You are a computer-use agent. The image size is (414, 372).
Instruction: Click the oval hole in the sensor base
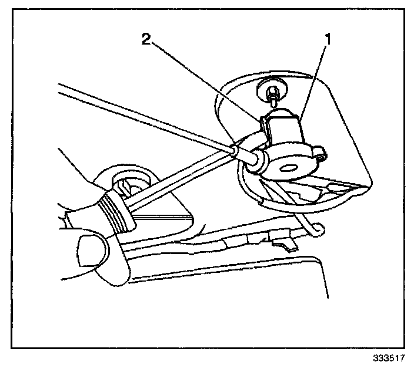click(289, 168)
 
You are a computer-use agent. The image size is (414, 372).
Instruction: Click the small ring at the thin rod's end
click(235, 152)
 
